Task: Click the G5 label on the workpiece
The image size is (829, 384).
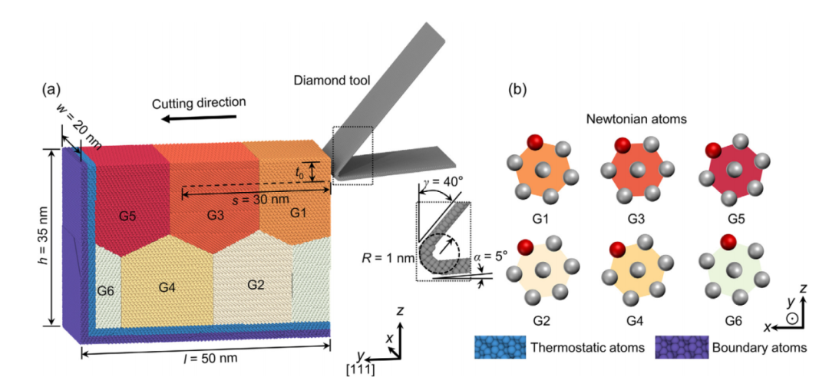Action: [127, 216]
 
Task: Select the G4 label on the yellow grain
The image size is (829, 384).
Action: [168, 287]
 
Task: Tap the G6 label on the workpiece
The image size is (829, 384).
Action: [106, 290]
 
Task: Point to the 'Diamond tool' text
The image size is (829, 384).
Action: [332, 81]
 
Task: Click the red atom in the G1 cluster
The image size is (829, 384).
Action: [535, 142]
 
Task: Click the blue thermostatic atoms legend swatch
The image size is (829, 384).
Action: [499, 347]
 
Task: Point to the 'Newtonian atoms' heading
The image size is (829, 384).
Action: [637, 120]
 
